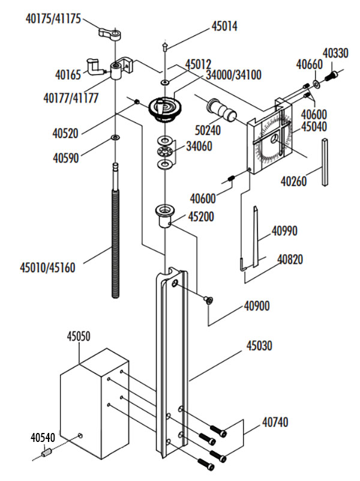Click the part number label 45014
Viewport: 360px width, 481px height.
[224, 26]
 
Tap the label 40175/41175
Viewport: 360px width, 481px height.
[53, 19]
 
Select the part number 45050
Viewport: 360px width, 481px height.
[79, 336]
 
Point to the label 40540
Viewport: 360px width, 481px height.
[43, 437]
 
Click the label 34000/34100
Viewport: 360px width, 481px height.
[233, 75]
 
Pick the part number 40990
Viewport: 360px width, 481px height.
[284, 231]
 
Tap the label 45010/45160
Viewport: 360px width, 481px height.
[47, 267]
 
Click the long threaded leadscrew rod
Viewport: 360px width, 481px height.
[116, 231]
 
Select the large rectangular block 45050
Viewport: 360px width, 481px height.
[94, 404]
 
